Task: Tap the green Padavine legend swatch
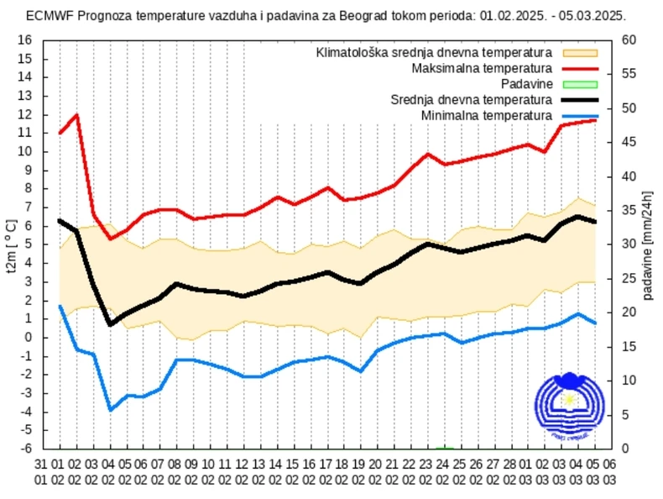coord(580,84)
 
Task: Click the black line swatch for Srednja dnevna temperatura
coord(580,100)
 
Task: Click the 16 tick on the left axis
coord(25,40)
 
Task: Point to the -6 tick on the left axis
coord(25,449)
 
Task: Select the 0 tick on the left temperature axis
coord(28,337)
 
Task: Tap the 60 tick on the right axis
coord(629,40)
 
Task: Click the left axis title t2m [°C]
coord(11,244)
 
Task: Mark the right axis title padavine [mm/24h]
coord(649,244)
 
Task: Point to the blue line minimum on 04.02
coord(110,410)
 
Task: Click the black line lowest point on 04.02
coord(110,324)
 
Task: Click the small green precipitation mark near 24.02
coord(446,447)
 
